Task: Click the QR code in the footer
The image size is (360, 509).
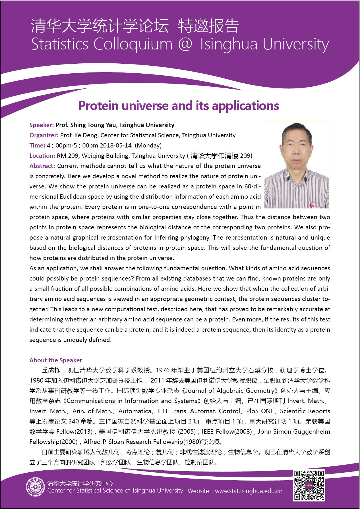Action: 309,485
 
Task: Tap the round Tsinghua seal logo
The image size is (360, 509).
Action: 36,487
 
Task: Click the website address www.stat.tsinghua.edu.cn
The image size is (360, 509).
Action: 249,491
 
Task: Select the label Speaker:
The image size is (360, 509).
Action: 42,125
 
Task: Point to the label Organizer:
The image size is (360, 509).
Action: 44,135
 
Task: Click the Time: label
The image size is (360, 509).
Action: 37,146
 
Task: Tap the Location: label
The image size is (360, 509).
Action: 42,156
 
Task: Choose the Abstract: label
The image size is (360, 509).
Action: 42,166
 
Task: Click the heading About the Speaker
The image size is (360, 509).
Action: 56,360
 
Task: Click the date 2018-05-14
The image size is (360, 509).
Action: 116,146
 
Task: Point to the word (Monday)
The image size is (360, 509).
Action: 148,146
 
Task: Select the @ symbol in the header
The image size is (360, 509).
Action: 185,44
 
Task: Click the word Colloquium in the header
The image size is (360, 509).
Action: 133,44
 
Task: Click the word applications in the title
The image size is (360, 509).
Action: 245,106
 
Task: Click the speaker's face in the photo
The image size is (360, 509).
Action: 296,145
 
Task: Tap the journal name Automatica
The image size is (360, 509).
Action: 135,411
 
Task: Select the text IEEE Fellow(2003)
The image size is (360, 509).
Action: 227,432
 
